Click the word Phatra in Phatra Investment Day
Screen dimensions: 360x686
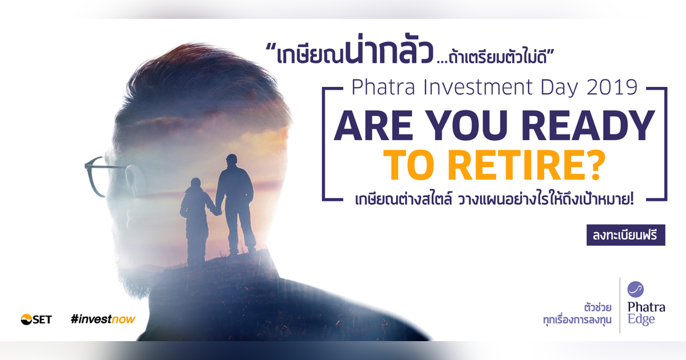(377, 87)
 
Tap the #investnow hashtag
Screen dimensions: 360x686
(103, 319)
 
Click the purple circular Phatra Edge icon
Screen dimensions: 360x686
(636, 289)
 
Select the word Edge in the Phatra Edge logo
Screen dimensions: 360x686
(641, 320)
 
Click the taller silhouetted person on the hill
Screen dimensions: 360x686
(235, 203)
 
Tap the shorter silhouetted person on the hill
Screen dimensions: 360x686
(196, 220)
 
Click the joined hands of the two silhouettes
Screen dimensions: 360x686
(216, 211)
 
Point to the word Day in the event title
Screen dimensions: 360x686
(549, 87)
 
